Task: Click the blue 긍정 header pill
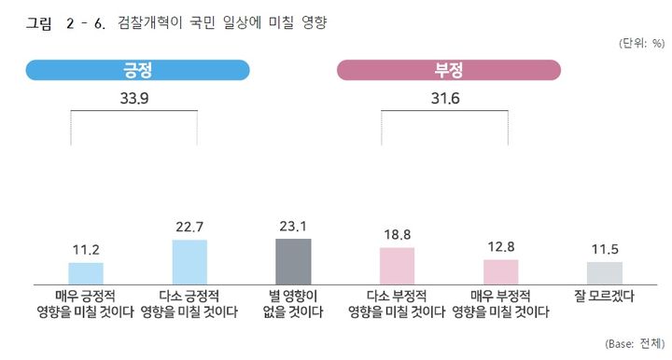tap(137, 70)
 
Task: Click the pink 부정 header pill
tap(448, 70)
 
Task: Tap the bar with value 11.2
tap(86, 272)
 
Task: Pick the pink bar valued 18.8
tap(397, 265)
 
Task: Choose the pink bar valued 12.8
tap(500, 271)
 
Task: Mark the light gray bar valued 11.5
tap(604, 272)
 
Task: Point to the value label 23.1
tap(293, 227)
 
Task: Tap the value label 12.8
tap(500, 247)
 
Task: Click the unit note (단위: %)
tap(640, 43)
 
